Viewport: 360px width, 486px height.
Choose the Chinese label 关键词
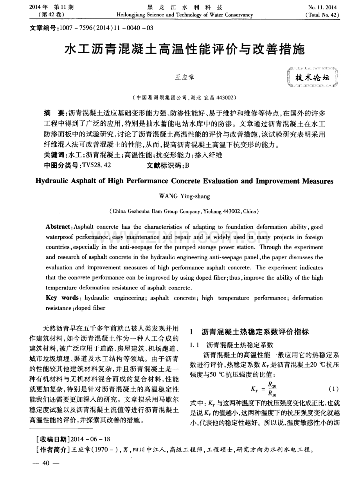pos(56,155)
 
